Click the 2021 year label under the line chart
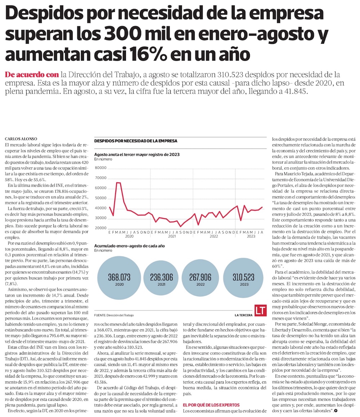[x=172, y=236]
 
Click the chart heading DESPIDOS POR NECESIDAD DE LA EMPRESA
[x=135, y=141]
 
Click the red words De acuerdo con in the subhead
[x=32, y=75]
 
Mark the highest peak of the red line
[x=118, y=183]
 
